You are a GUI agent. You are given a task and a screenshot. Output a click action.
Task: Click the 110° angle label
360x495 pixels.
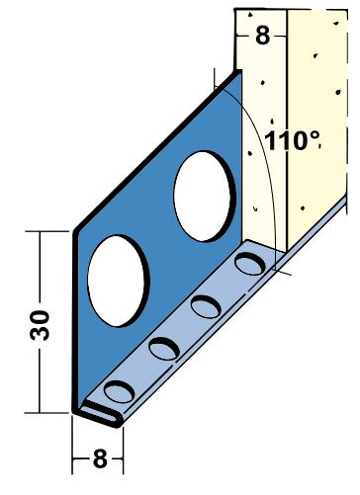click(x=292, y=140)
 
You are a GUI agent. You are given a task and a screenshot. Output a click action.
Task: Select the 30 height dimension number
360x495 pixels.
click(x=40, y=325)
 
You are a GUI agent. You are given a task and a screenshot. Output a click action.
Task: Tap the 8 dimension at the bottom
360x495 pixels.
click(x=100, y=458)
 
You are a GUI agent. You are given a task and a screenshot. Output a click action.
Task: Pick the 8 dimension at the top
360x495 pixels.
click(x=262, y=35)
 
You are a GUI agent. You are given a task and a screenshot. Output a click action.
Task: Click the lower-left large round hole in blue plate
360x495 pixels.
click(x=118, y=281)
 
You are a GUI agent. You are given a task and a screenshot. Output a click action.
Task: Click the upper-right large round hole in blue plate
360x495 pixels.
click(x=205, y=197)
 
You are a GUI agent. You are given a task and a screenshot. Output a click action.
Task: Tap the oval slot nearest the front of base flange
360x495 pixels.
click(x=119, y=391)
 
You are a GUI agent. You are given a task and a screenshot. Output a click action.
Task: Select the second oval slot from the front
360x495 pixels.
click(x=164, y=349)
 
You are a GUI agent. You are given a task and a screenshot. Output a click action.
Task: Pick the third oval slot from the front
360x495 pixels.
click(x=206, y=306)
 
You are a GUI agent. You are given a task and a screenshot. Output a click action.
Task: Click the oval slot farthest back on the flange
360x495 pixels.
click(x=250, y=264)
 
